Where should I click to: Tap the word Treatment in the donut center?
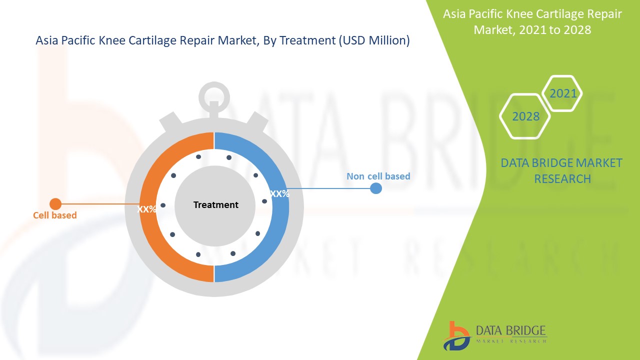click(215, 205)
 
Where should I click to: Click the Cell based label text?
click(55, 215)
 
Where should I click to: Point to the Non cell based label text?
click(378, 176)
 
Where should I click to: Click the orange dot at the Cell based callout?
click(55, 204)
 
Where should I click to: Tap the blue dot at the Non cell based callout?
click(376, 188)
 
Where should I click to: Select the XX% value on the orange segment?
click(147, 209)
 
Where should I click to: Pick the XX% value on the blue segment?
click(279, 193)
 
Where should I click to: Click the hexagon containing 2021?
click(562, 93)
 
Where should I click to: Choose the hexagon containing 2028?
click(525, 116)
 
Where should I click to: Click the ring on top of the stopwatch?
click(214, 97)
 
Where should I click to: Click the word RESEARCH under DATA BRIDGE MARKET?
click(562, 179)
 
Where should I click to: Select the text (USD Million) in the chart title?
click(374, 40)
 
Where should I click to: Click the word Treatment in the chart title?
click(307, 40)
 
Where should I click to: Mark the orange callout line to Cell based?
click(100, 204)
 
